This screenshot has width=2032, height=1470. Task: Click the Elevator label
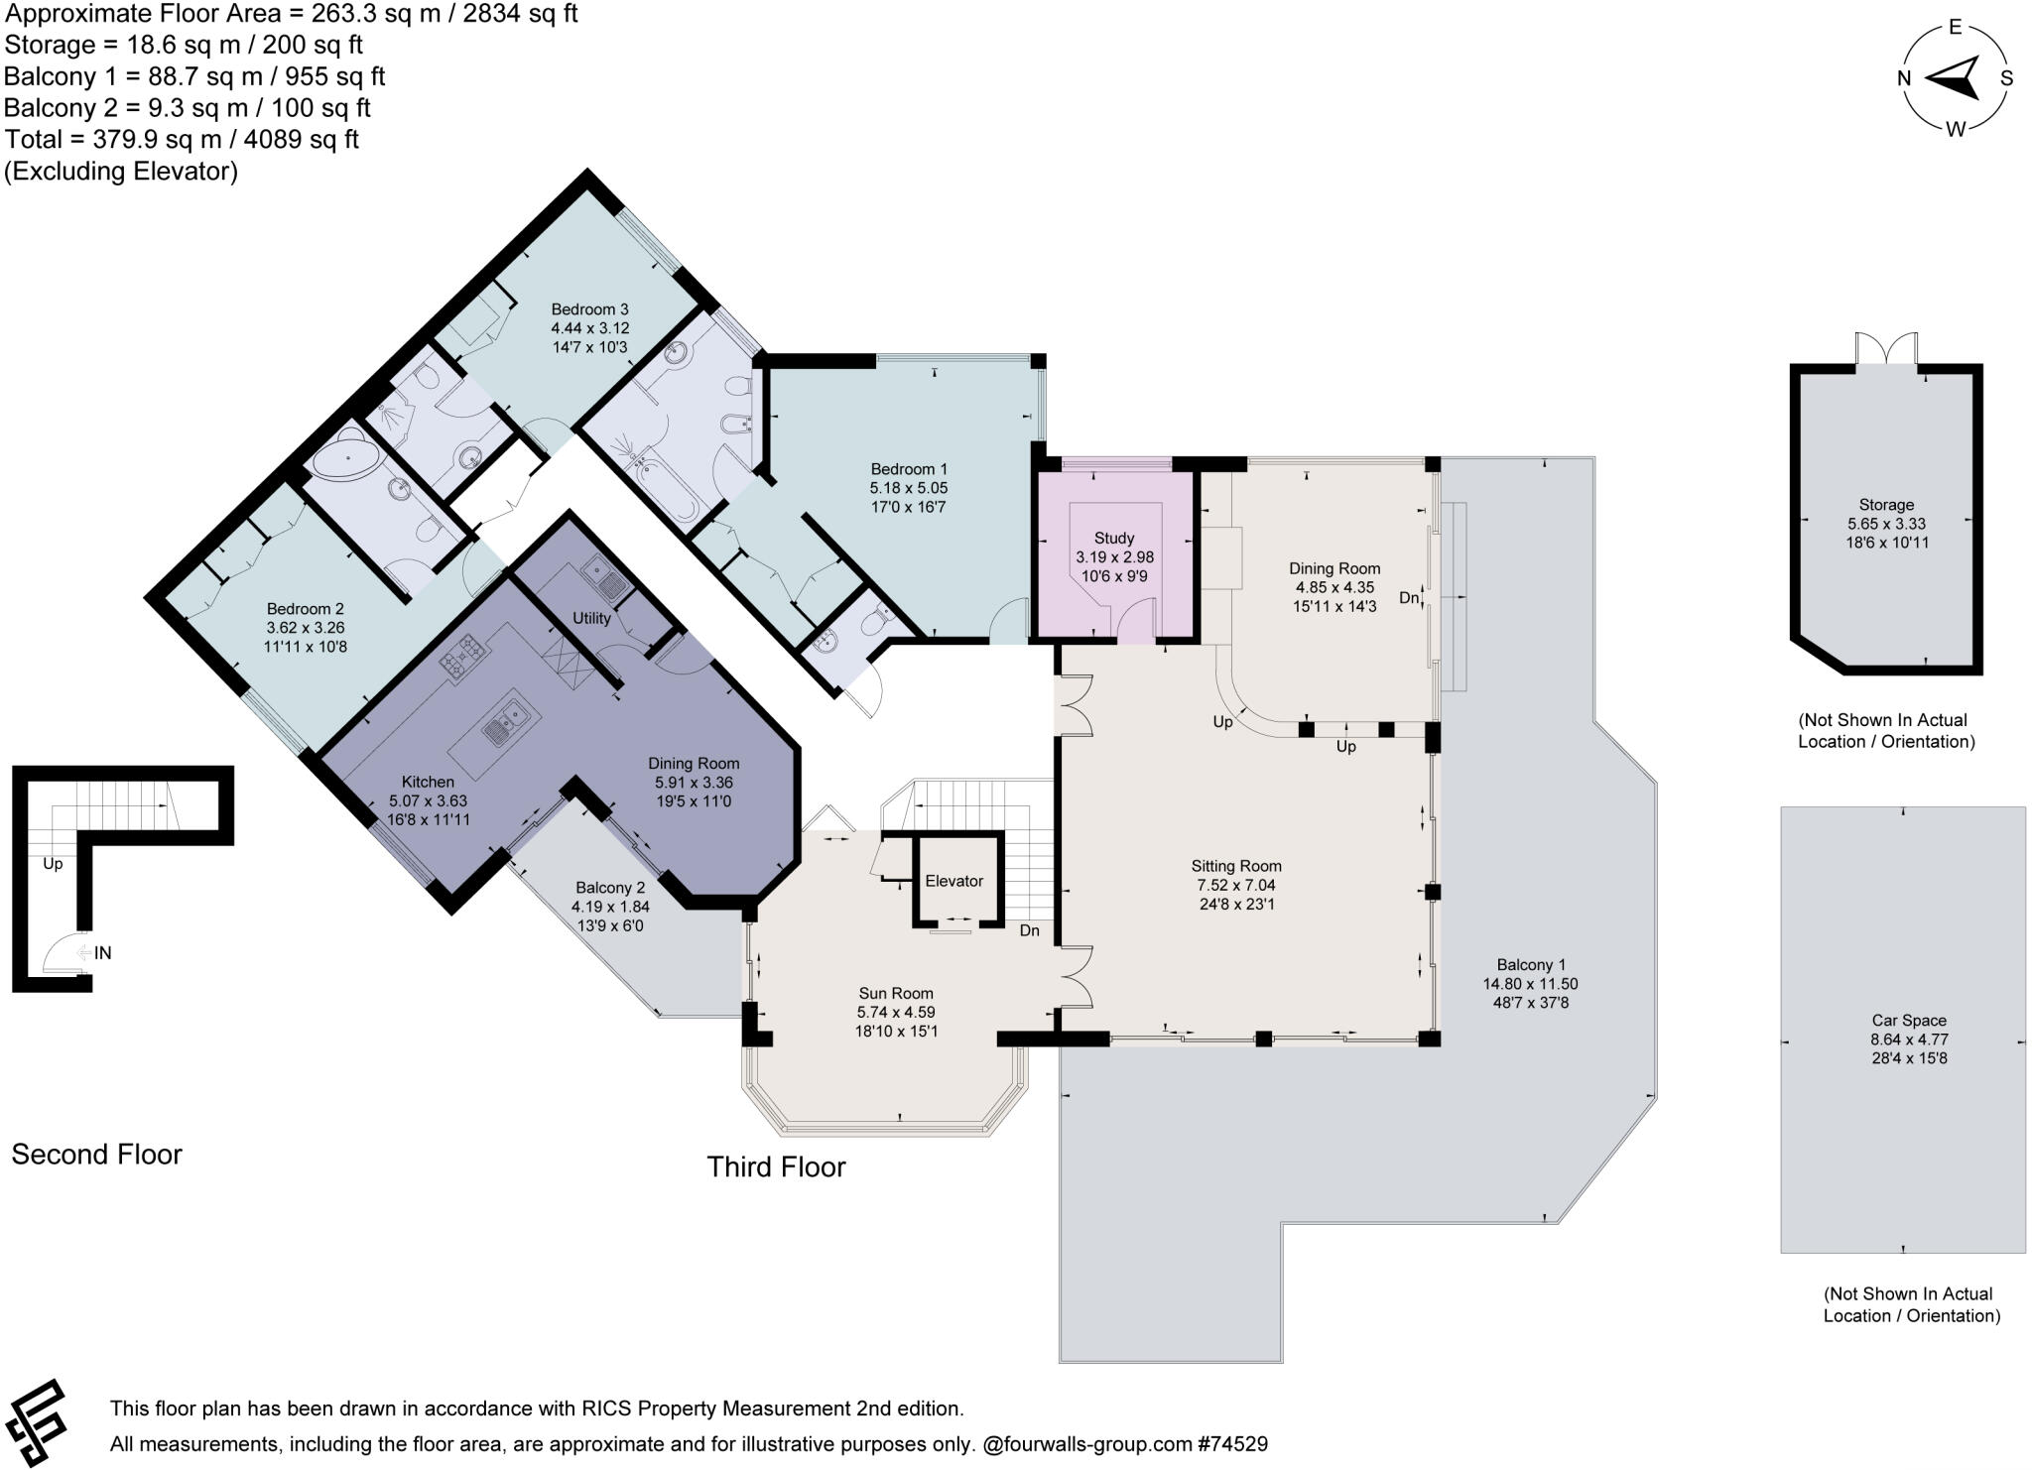click(953, 881)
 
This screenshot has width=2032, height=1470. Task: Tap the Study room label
click(1114, 539)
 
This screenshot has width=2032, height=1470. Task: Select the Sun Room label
click(896, 994)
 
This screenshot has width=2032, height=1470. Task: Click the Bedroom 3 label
click(590, 309)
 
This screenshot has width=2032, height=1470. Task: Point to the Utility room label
click(591, 618)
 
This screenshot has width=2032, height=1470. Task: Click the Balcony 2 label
click(610, 888)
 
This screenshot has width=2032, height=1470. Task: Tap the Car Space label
click(1908, 1021)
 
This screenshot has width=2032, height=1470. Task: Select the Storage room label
click(1886, 505)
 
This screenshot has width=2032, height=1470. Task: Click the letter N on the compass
click(1904, 79)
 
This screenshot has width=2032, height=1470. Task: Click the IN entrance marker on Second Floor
click(102, 953)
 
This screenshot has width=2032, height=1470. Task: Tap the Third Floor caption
click(776, 1166)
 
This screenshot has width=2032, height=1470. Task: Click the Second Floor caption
click(96, 1155)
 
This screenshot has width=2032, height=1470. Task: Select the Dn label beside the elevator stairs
click(1029, 930)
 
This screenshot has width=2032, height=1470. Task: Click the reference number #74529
click(1232, 1444)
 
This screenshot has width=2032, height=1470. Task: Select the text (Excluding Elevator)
click(121, 172)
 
